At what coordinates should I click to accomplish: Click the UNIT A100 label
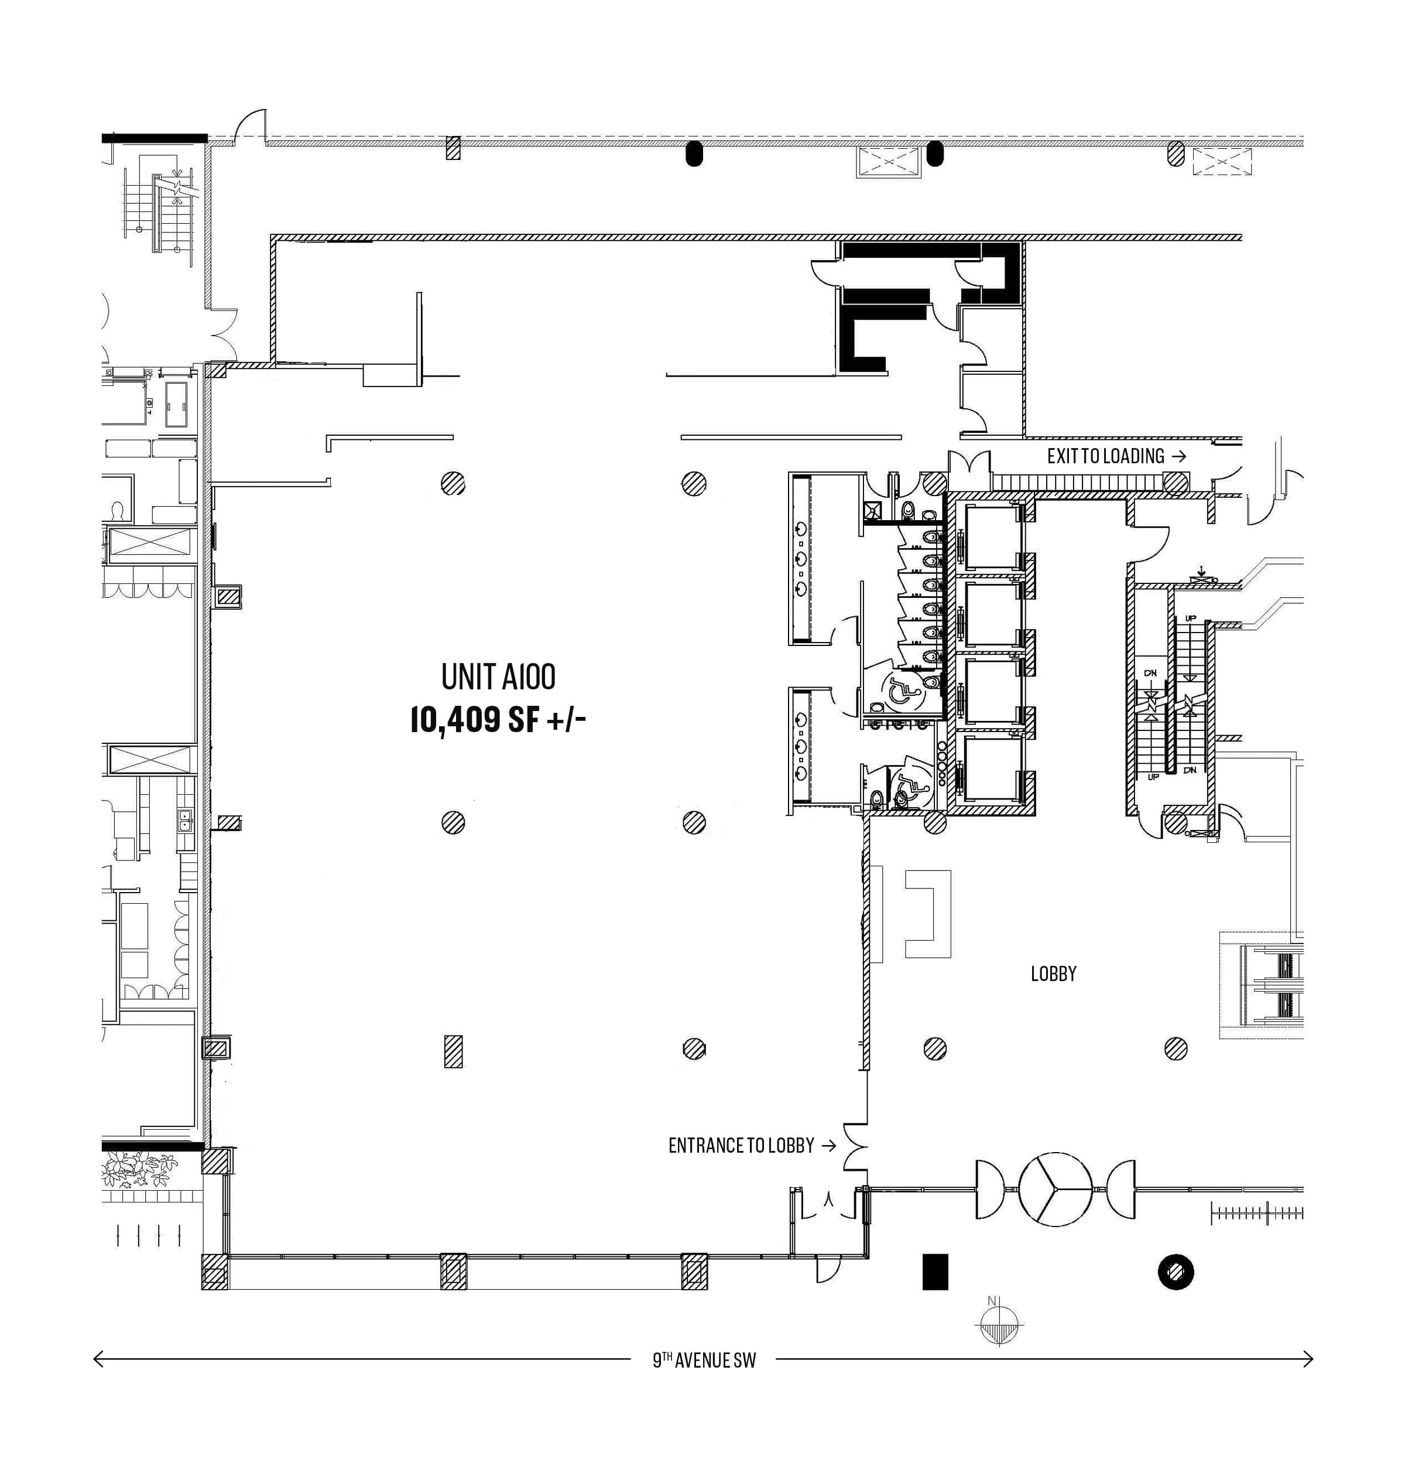[x=498, y=676]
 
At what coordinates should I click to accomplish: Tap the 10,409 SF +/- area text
[x=498, y=720]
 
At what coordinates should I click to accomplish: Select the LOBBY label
[x=1053, y=974]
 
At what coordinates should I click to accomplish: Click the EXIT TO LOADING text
[x=1105, y=456]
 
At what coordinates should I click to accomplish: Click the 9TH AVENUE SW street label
[x=704, y=1360]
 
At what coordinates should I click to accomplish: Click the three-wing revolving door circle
[x=1056, y=1190]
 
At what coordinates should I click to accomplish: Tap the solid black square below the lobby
[x=935, y=1272]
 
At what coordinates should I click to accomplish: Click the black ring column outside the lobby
[x=1176, y=1272]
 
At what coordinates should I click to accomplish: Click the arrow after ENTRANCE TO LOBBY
[x=828, y=1146]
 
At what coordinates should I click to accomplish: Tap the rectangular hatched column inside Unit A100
[x=453, y=1051]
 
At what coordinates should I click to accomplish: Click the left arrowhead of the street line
[x=98, y=1359]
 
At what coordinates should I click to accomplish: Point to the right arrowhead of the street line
[x=1308, y=1359]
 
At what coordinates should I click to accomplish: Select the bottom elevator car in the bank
[x=994, y=768]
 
